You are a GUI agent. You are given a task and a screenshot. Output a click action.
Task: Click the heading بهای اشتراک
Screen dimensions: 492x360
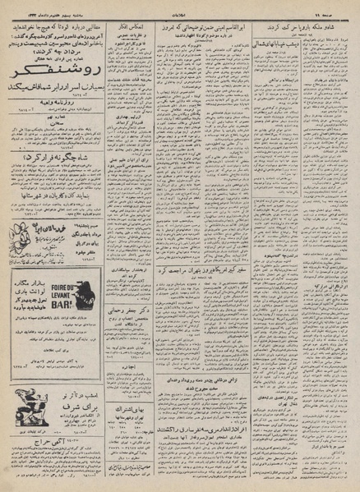point(132,393)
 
